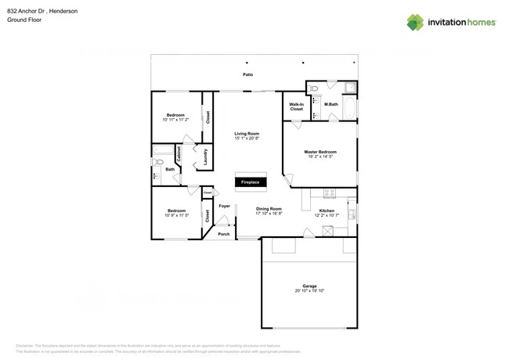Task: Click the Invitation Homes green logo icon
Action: coord(415,22)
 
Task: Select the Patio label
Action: coord(247,75)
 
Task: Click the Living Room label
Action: coord(247,134)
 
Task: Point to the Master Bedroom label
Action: coord(320,151)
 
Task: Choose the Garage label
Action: coord(309,286)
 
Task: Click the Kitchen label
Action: coord(327,211)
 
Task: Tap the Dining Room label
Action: coord(269,208)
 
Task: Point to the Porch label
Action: coord(224,233)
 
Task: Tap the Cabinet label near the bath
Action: coord(179,156)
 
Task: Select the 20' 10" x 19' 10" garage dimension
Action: coord(309,291)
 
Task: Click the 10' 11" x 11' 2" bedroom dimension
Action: coord(176,120)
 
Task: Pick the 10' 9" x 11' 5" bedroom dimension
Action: coord(176,215)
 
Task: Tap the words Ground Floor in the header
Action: coord(24,20)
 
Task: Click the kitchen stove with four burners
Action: coord(330,193)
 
